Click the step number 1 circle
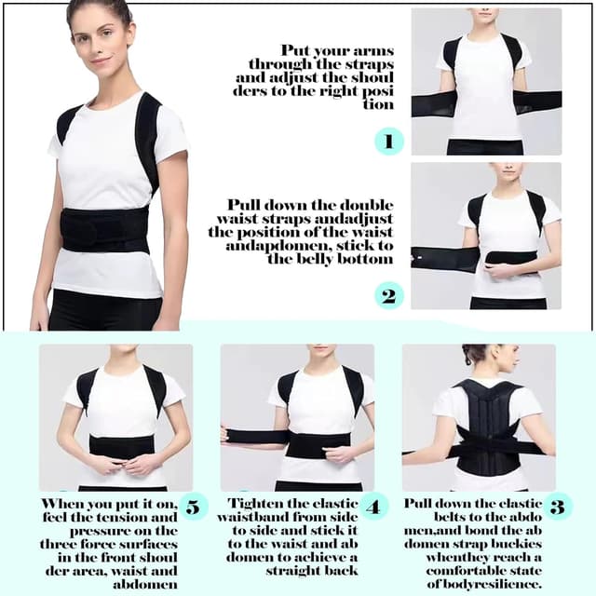coord(388,142)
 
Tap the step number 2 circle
coord(388,295)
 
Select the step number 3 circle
coord(557,508)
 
